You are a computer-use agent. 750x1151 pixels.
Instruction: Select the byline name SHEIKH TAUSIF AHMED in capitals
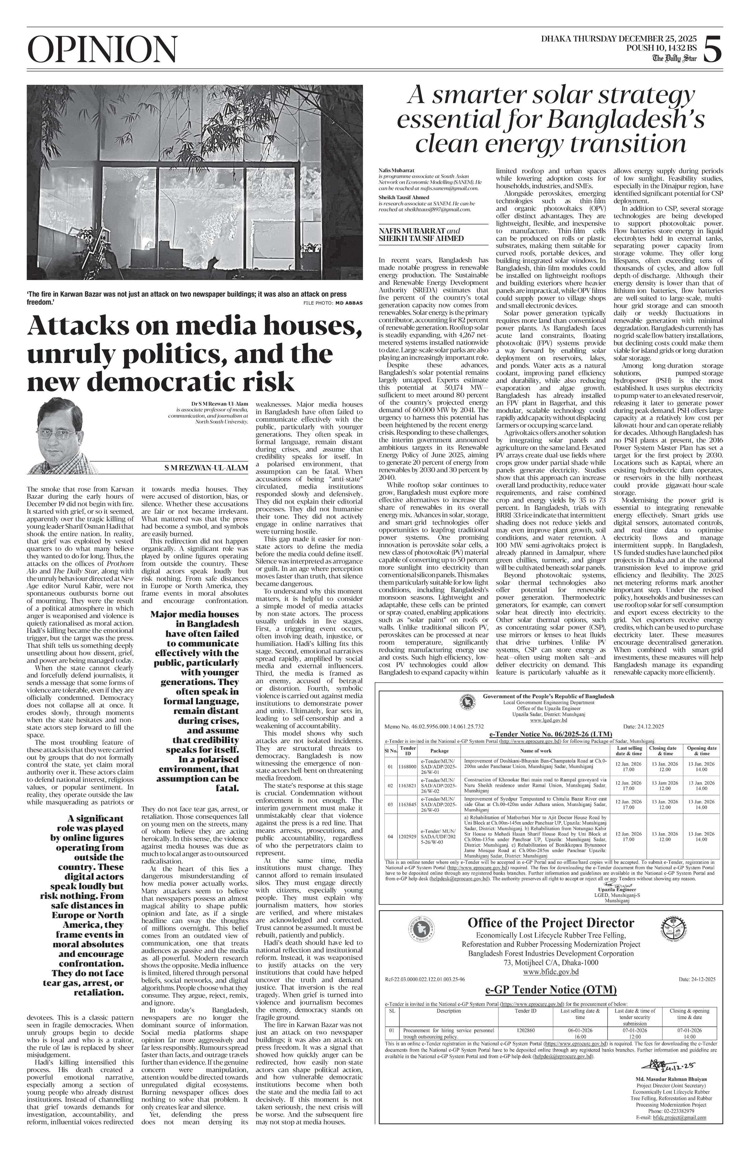click(421, 238)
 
